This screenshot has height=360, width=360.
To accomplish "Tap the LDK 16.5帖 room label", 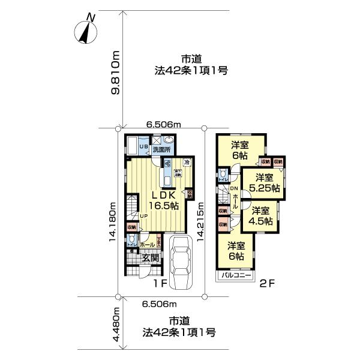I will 160,200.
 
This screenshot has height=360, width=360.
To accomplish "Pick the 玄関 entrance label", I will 149,259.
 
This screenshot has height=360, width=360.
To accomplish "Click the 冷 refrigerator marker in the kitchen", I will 187,163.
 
